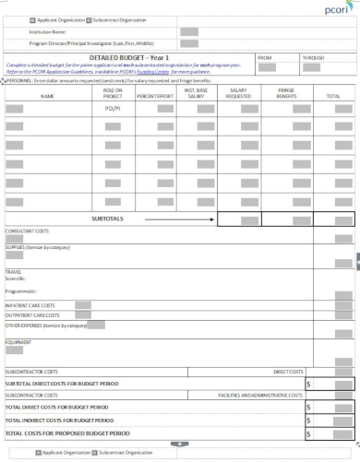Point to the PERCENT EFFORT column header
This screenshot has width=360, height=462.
(x=156, y=95)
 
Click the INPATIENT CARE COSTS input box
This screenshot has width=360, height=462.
(x=83, y=303)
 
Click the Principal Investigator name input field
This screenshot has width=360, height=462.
(x=189, y=43)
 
